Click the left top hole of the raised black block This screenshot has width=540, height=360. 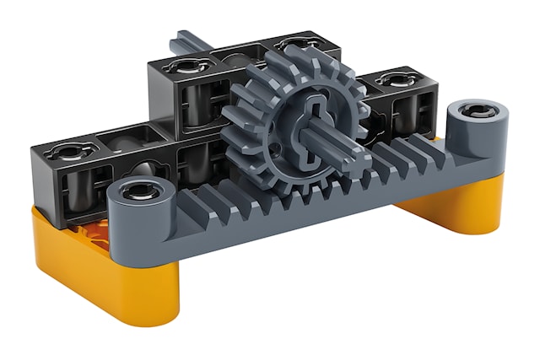point(179,67)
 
